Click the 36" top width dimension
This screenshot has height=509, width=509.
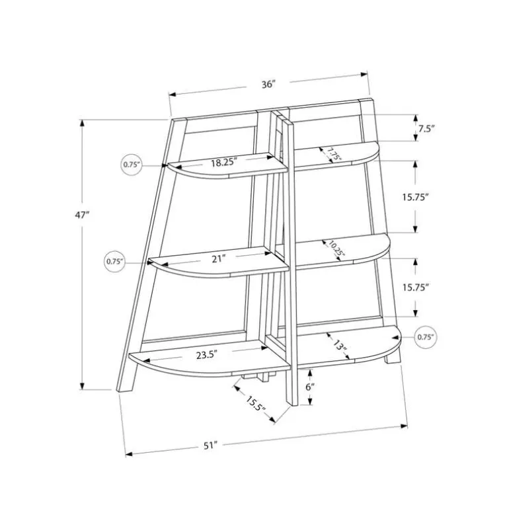268,85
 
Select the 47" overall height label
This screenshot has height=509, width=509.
82,215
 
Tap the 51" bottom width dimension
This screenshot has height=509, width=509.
210,446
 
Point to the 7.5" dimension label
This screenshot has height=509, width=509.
426,128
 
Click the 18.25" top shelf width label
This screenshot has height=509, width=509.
224,162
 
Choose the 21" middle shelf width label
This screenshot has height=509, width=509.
218,258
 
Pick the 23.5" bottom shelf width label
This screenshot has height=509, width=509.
206,355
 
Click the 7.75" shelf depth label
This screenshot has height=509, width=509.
334,154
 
